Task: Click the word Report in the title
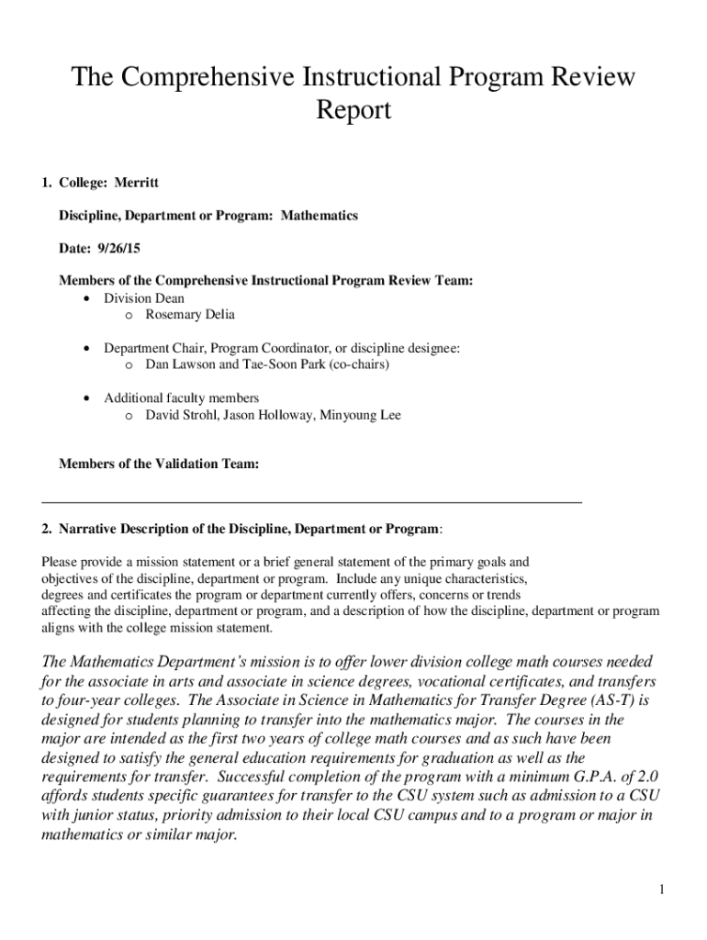click(x=353, y=110)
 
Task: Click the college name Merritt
click(x=136, y=183)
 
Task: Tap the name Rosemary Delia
click(x=190, y=315)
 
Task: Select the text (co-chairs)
click(x=358, y=365)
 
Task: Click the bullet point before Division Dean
click(x=86, y=299)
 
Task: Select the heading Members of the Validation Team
click(x=159, y=464)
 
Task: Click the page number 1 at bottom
click(x=660, y=890)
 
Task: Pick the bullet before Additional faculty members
click(x=86, y=398)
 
